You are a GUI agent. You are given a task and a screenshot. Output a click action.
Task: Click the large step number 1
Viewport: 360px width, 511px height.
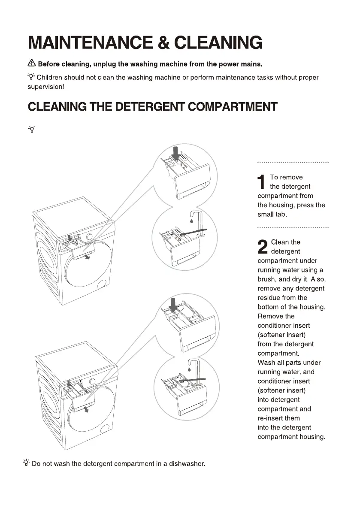[261, 182]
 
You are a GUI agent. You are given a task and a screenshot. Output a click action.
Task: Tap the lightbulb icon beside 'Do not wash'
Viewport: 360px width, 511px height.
[27, 463]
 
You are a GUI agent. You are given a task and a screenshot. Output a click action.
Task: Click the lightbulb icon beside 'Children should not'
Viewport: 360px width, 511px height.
[31, 77]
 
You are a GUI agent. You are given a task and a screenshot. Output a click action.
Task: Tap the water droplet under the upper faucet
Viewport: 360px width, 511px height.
[190, 221]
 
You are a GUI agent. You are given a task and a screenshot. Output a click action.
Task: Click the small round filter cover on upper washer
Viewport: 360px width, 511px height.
[102, 284]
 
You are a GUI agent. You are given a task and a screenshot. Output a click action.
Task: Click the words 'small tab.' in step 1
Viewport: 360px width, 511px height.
[272, 214]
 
